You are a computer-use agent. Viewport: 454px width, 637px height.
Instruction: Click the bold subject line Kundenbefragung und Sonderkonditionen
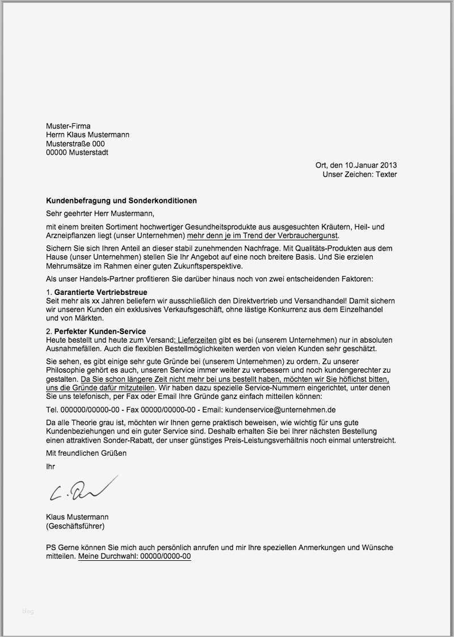click(121, 201)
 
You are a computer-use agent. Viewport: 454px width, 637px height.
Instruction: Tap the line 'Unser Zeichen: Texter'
click(360, 174)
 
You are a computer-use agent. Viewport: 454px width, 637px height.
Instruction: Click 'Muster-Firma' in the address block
click(68, 126)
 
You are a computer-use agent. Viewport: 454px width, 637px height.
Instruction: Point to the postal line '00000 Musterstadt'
click(77, 152)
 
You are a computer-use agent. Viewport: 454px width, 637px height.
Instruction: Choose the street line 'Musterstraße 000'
click(75, 144)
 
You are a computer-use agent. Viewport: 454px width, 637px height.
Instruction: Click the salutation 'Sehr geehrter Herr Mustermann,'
click(100, 214)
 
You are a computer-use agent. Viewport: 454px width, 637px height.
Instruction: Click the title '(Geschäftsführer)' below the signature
click(75, 526)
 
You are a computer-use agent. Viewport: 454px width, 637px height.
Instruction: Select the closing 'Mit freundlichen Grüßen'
click(86, 453)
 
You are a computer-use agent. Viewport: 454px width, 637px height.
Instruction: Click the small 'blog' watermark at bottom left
click(28, 611)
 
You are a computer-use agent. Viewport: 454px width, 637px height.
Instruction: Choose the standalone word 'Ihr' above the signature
click(51, 466)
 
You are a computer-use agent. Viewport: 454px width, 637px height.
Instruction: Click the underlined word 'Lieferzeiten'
click(197, 340)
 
